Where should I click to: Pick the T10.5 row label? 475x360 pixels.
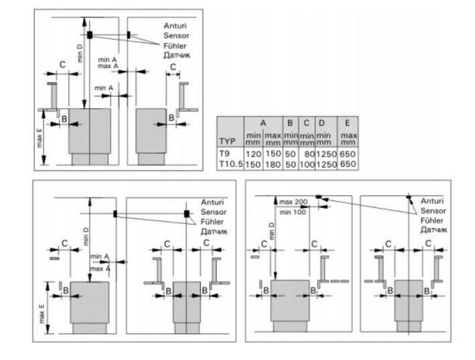(229, 165)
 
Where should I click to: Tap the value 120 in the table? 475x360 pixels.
(253, 155)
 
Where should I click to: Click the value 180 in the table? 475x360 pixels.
(272, 165)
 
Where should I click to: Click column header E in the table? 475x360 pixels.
(348, 123)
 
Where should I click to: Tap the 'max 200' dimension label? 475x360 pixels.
(293, 200)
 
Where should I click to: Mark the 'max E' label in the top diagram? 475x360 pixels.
(39, 138)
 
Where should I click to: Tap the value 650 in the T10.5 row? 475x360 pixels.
(349, 165)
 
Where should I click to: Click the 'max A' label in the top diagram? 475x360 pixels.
(109, 67)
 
